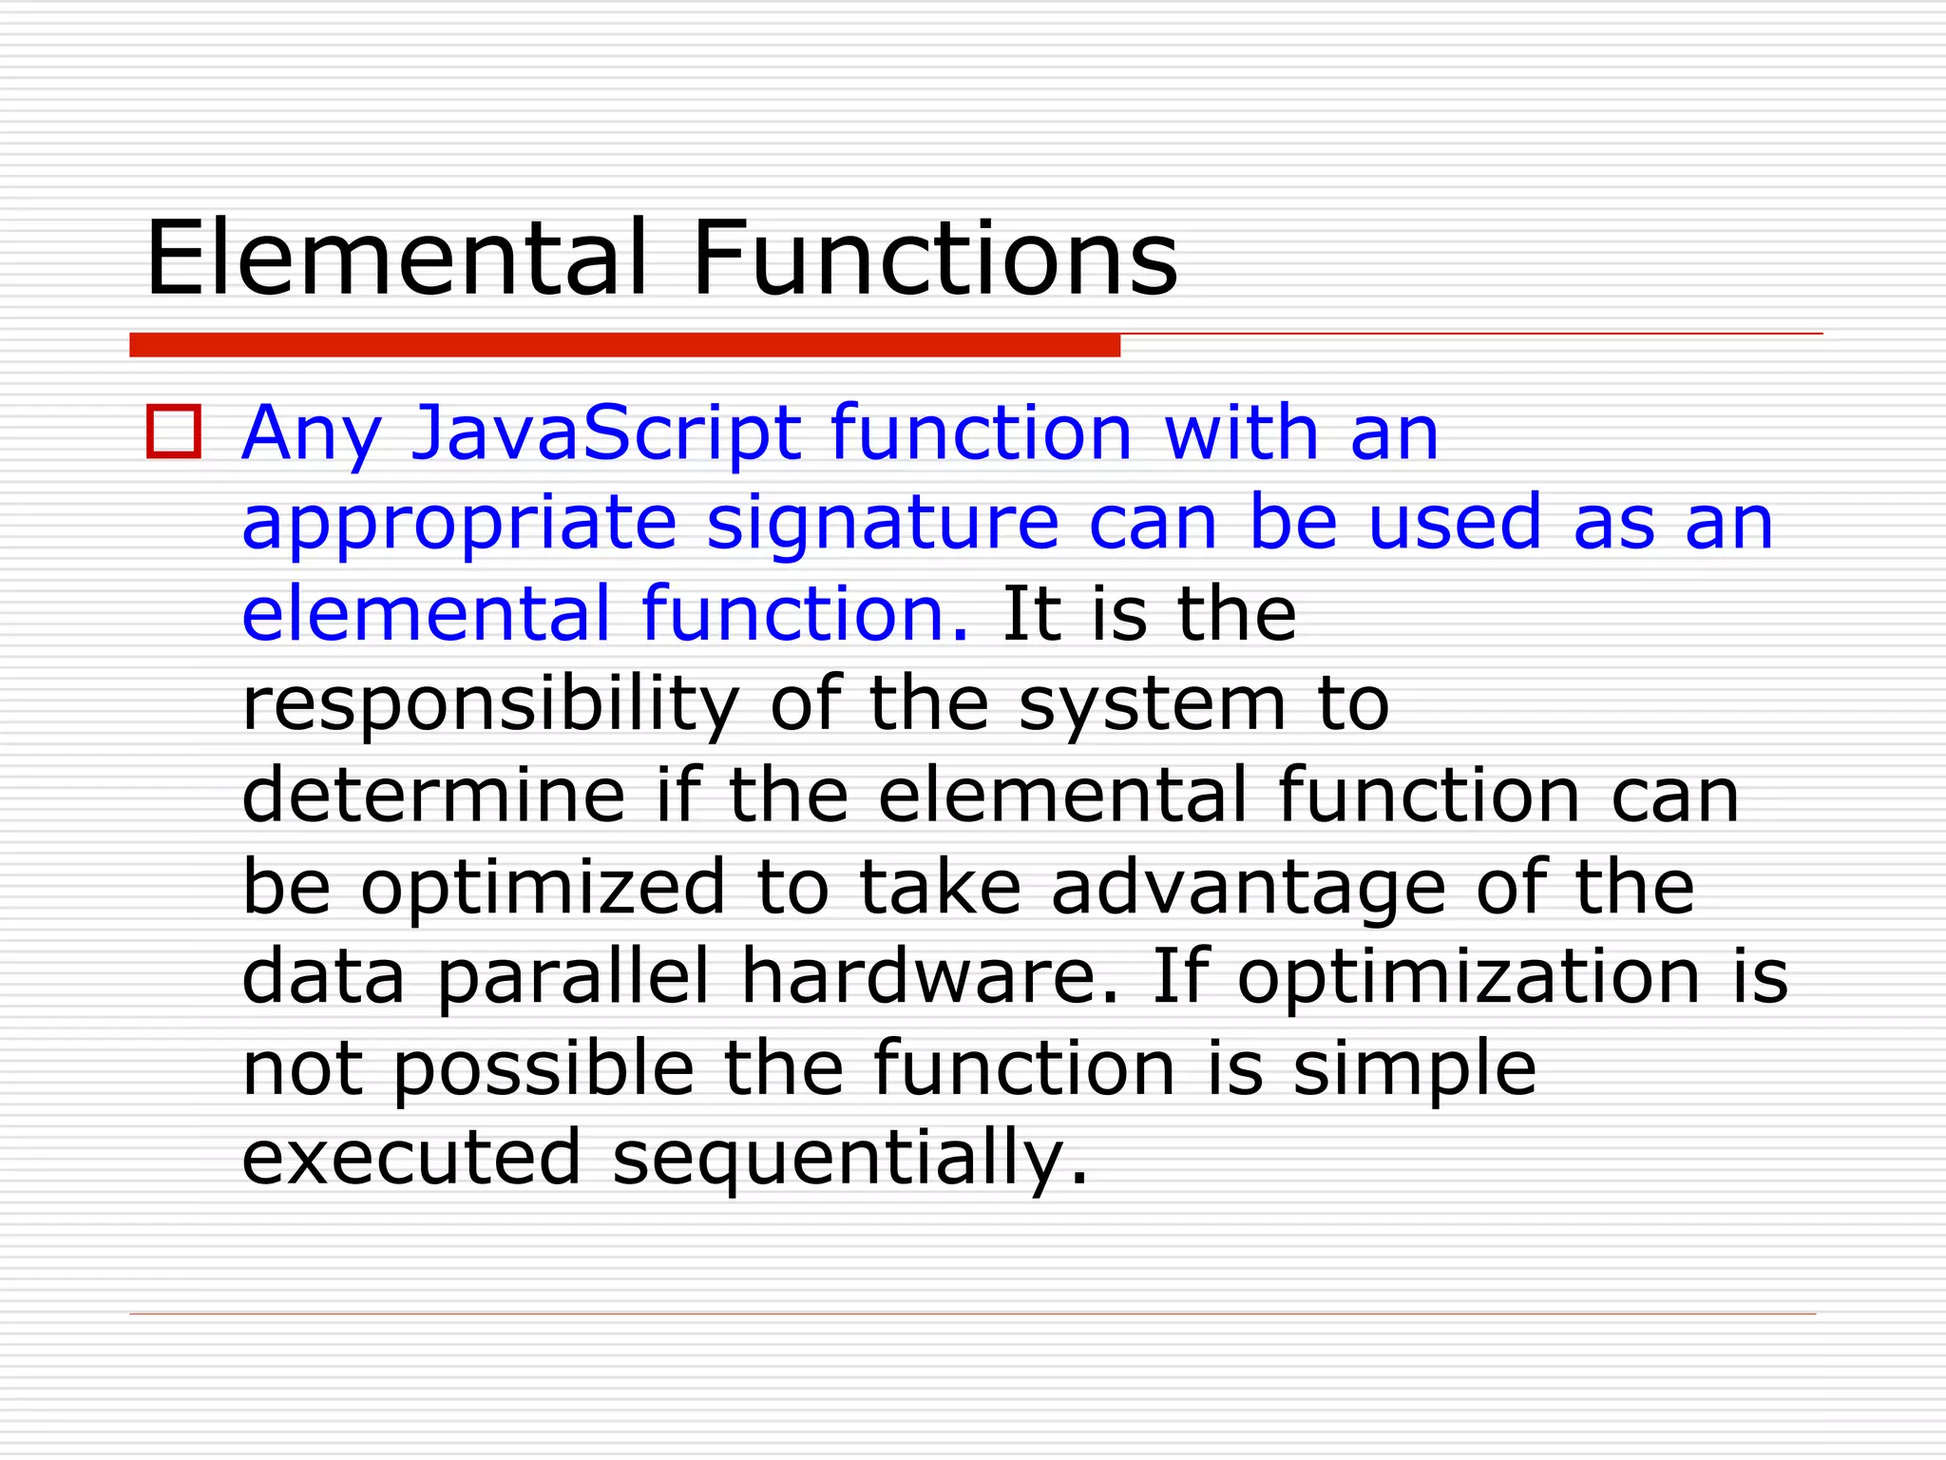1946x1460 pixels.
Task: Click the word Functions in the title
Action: pyautogui.click(x=935, y=258)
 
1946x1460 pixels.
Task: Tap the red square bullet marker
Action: pyautogui.click(x=174, y=432)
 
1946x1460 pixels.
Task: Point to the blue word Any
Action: pyautogui.click(x=312, y=434)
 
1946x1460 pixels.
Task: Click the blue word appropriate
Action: pyautogui.click(x=459, y=524)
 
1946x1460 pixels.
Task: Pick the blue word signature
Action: pyautogui.click(x=883, y=524)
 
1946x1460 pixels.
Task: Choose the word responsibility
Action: pyautogui.click(x=490, y=705)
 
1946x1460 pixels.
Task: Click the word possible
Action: pyautogui.click(x=544, y=1068)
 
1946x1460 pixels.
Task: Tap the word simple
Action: pyautogui.click(x=1414, y=1068)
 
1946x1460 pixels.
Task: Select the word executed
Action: pyautogui.click(x=410, y=1158)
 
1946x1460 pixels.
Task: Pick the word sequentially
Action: pyautogui.click(x=849, y=1158)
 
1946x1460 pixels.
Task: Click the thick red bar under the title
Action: pyautogui.click(x=624, y=345)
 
